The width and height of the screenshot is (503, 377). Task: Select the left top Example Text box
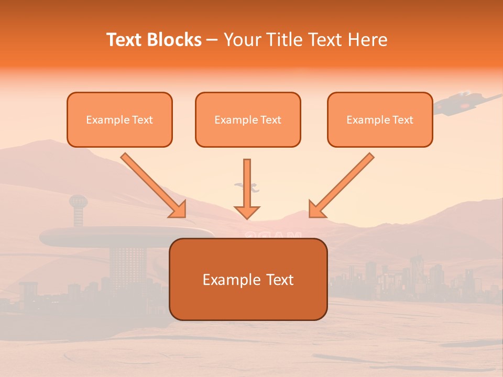point(119,119)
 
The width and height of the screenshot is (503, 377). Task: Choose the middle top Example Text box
point(248,119)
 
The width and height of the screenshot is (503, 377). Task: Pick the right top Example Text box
point(380,119)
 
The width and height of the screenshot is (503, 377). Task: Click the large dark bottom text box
point(248,279)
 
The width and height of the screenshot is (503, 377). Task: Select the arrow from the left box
point(152,185)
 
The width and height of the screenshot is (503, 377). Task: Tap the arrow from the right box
point(343,185)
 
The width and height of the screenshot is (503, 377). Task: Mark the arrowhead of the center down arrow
point(247,212)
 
